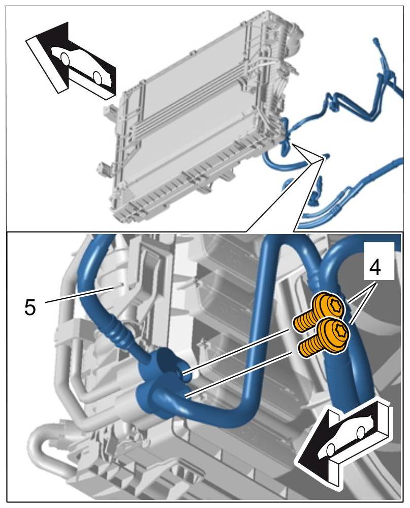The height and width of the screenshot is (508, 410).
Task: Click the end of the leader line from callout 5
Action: click(116, 288)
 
